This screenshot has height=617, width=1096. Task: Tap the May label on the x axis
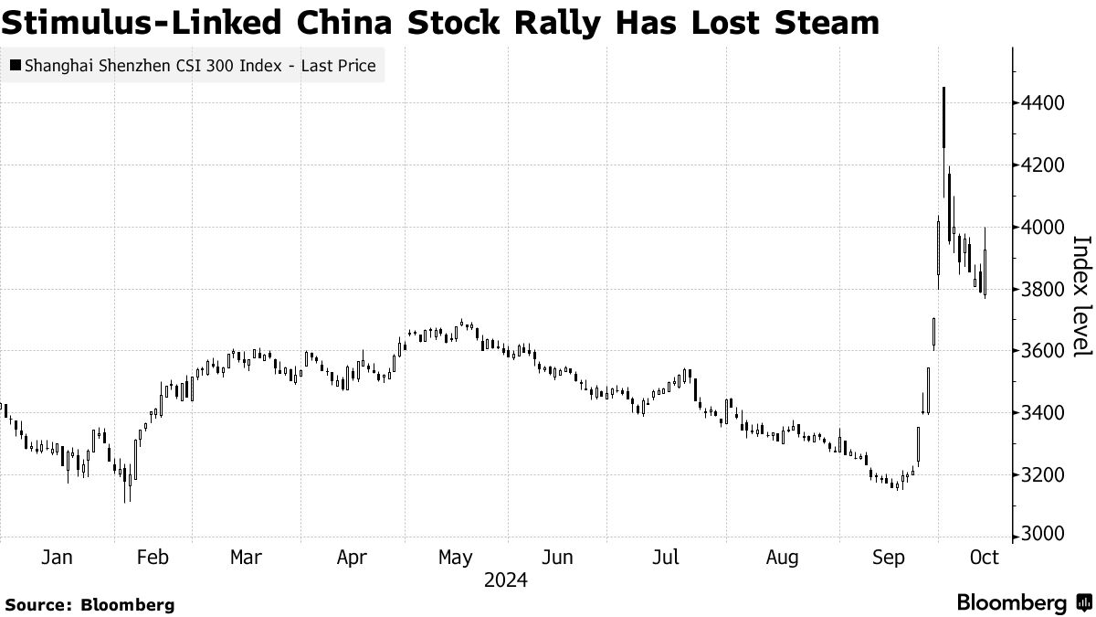pyautogui.click(x=455, y=558)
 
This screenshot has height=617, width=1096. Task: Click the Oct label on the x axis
pyautogui.click(x=984, y=558)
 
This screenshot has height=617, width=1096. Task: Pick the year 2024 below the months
pyautogui.click(x=505, y=580)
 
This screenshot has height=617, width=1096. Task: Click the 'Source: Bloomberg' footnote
pyautogui.click(x=90, y=604)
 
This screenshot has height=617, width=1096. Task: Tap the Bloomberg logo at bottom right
pyautogui.click(x=1024, y=602)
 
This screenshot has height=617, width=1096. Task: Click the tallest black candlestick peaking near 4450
pyautogui.click(x=943, y=117)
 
